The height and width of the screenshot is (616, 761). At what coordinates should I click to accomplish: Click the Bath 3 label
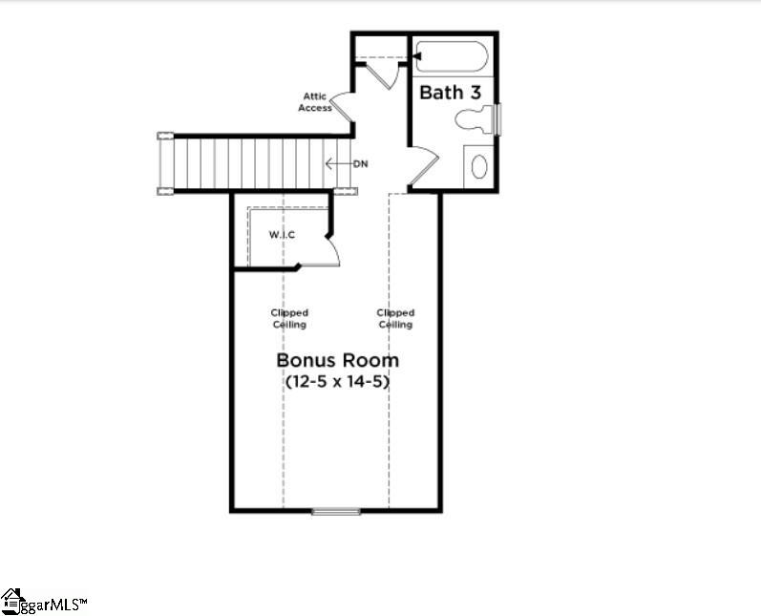[x=450, y=93]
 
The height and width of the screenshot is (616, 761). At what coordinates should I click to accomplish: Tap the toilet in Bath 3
[x=476, y=120]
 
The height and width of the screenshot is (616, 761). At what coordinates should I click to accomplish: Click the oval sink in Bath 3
[x=478, y=167]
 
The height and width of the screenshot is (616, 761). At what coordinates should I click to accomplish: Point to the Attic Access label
[x=317, y=101]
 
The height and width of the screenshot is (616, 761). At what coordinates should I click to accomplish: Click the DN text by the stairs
[x=360, y=164]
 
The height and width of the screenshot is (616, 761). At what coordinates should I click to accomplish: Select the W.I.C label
[x=281, y=235]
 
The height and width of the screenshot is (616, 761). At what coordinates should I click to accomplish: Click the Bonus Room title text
[x=337, y=361]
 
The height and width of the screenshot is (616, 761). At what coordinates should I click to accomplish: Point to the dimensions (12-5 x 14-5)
[x=338, y=381]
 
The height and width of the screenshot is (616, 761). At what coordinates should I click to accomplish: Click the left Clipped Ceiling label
[x=289, y=318]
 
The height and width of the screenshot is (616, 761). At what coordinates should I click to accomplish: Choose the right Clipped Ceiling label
[x=395, y=318]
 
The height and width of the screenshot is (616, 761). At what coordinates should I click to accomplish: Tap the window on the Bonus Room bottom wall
[x=336, y=512]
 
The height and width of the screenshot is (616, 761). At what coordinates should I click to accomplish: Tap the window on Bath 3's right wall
[x=497, y=118]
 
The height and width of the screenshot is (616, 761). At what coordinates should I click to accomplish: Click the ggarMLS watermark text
[x=54, y=604]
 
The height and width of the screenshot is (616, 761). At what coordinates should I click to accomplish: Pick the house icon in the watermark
[x=11, y=600]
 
